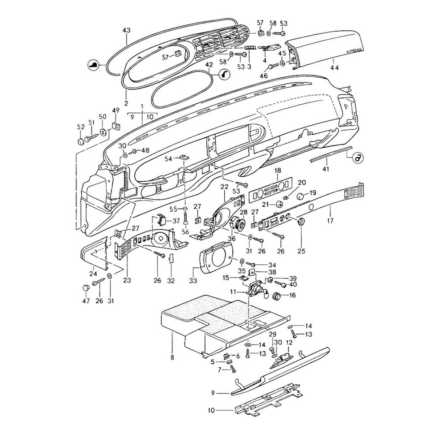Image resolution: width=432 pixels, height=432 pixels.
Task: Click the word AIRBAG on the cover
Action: tap(355, 52)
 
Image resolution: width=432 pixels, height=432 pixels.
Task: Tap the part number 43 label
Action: tap(126, 30)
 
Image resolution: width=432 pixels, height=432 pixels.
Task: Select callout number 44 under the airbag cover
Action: tap(334, 67)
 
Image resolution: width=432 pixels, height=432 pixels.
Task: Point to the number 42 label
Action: tap(209, 65)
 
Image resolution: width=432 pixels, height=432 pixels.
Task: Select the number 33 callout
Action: tap(193, 281)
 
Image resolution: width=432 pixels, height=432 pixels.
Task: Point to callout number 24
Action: tap(93, 273)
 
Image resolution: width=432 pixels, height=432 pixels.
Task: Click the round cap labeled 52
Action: tap(81, 142)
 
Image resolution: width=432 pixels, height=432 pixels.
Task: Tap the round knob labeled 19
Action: tap(299, 197)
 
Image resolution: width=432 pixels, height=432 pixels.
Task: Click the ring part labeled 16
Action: tap(277, 296)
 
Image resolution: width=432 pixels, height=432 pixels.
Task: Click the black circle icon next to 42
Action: tap(224, 75)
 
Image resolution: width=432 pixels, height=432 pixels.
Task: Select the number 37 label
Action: tap(176, 221)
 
